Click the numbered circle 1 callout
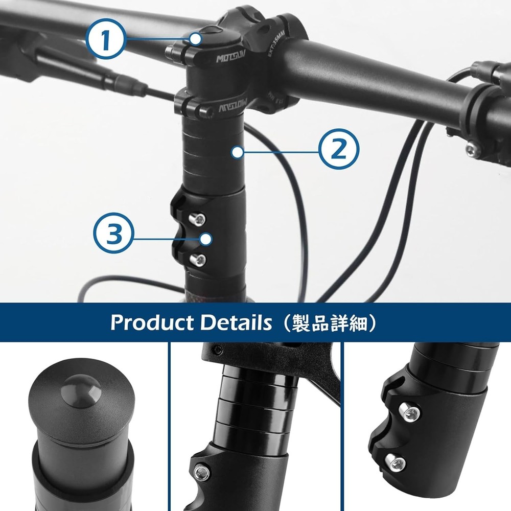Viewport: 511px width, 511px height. tap(106, 39)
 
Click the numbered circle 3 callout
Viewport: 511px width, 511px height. tap(113, 235)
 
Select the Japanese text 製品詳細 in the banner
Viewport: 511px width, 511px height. tap(331, 323)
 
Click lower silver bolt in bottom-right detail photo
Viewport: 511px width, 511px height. tap(397, 462)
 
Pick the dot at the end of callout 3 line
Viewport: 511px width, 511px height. tap(205, 239)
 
